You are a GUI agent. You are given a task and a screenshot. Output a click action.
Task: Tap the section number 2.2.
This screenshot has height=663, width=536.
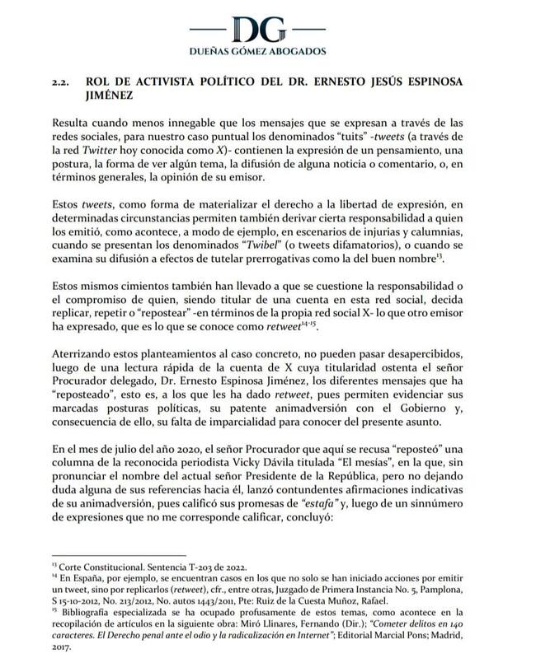pos(63,84)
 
